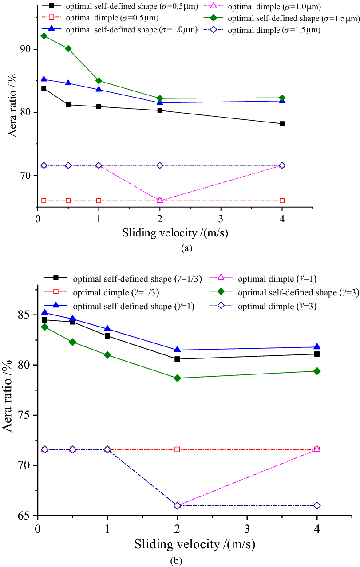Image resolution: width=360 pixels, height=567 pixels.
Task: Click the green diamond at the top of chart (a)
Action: (x=44, y=35)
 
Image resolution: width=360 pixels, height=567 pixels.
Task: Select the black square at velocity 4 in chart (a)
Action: (x=282, y=123)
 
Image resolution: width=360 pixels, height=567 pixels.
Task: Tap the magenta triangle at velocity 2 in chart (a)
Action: (x=160, y=200)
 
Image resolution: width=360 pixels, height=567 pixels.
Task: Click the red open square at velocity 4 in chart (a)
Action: (x=282, y=201)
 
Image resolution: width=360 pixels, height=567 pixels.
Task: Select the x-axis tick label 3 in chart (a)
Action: (x=221, y=219)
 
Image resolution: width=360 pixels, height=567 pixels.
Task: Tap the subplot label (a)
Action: (x=186, y=248)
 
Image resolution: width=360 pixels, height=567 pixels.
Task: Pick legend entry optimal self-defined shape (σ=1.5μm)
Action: (x=293, y=19)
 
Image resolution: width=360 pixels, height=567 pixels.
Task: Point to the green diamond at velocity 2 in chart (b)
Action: (x=177, y=378)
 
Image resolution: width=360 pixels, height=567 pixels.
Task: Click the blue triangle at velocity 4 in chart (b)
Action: (x=317, y=347)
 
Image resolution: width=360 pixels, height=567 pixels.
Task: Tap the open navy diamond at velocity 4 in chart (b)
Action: (x=317, y=506)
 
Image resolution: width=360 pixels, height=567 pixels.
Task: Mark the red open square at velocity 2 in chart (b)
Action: (x=177, y=449)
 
